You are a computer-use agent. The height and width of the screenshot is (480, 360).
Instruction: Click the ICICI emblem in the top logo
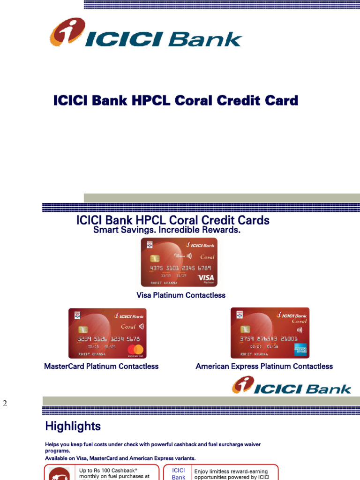point(67,31)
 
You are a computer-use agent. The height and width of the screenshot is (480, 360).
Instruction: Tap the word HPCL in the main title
point(147,101)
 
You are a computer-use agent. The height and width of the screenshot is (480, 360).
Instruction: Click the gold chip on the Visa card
point(155,259)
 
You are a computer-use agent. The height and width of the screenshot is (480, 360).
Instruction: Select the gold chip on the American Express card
point(245,329)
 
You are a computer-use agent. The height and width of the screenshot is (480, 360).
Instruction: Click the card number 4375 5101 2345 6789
point(180,268)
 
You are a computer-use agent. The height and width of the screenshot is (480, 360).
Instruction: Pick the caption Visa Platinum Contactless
point(180,295)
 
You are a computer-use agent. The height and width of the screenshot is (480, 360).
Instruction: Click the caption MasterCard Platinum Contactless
point(101,367)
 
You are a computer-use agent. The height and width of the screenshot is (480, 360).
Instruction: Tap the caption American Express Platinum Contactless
point(264,367)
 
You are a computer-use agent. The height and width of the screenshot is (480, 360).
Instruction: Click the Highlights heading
point(73,426)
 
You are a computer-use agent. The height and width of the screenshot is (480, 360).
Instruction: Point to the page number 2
point(5,404)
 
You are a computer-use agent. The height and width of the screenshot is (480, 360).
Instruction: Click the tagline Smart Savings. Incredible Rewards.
point(167,230)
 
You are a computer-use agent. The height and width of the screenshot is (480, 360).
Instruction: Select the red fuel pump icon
point(59,473)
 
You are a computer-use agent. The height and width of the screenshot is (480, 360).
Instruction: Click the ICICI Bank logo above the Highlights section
point(292,386)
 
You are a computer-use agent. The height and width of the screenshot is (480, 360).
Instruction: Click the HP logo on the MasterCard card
point(78,316)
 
